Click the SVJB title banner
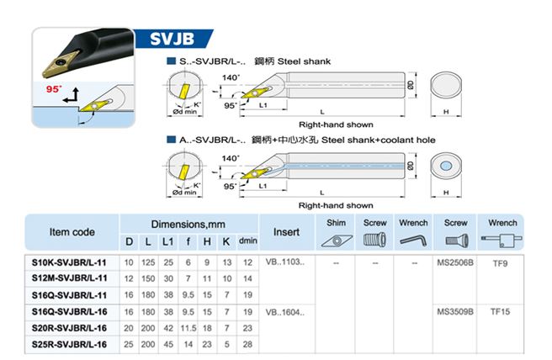tap(172, 39)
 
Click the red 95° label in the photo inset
tap(54, 89)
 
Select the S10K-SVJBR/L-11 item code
tap(69, 262)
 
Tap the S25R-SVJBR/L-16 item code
tap(69, 344)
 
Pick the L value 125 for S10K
tap(148, 262)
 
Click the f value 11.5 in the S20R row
tap(188, 328)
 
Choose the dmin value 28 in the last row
tap(247, 344)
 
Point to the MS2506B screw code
tap(455, 262)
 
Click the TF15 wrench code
tap(500, 311)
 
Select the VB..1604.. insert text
tap(284, 312)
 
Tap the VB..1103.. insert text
tap(284, 262)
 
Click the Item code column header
tap(72, 232)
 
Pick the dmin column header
tap(248, 241)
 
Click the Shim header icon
tap(337, 241)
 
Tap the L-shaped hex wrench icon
tap(413, 241)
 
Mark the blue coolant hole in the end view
tap(446, 166)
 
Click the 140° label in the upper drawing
tap(231, 77)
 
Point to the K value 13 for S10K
tap(227, 262)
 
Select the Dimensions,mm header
tap(188, 225)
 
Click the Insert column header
tap(287, 232)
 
